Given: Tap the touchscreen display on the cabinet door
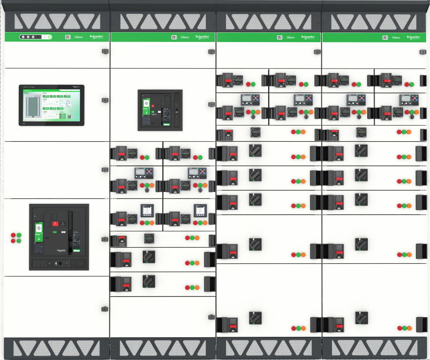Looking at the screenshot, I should [51, 105].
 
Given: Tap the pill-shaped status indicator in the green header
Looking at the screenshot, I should [35, 37].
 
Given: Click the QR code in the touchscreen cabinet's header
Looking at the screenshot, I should [68, 37].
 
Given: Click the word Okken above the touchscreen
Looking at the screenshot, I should [79, 38].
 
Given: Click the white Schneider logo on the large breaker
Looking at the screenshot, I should [61, 250].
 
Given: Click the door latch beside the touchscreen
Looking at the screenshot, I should [105, 100].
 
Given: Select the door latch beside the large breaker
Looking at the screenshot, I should [105, 239].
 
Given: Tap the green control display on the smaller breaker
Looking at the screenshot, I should [146, 107].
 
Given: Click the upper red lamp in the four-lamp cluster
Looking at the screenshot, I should [13, 235].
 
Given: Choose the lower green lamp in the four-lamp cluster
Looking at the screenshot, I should [19, 241].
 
